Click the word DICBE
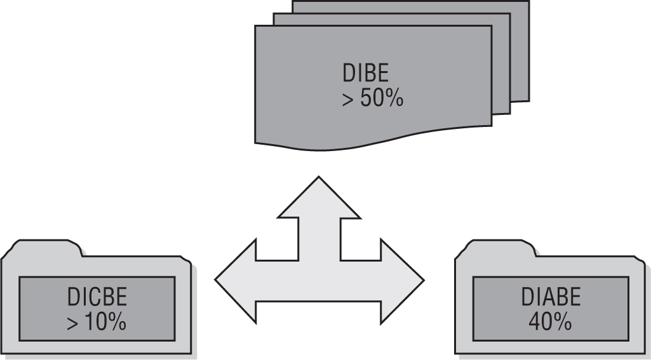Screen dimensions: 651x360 click(97, 297)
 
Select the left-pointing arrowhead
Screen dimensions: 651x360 click(235, 278)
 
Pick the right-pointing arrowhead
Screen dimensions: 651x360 click(403, 278)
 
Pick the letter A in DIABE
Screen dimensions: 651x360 click(544, 297)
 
